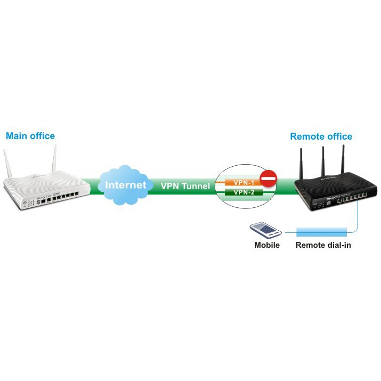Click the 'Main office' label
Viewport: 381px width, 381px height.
30,136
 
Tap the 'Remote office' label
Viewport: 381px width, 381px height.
321,136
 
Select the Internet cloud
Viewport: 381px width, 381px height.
125,185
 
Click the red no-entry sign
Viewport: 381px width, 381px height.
269,179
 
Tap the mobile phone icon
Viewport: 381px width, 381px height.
265,230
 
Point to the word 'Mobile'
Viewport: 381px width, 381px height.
266,246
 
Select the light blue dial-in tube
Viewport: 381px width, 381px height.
322,231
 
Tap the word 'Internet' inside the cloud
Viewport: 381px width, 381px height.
125,185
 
